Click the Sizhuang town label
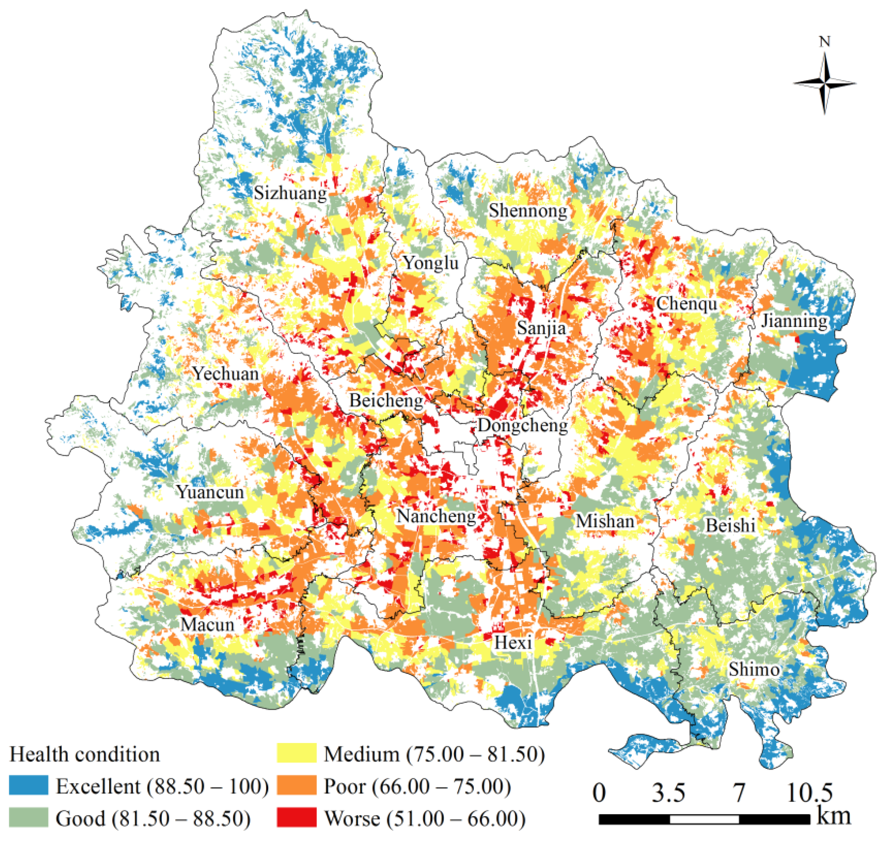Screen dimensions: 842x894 coord(290,193)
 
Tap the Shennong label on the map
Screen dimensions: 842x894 coord(528,211)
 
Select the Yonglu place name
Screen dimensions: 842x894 coord(431,263)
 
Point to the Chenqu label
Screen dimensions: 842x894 coord(687,304)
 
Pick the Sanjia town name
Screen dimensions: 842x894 coord(542,328)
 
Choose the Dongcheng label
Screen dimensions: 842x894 coord(523,425)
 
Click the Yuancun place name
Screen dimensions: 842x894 coord(210,492)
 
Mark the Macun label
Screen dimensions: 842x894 coord(207,625)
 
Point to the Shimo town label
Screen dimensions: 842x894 coord(754,670)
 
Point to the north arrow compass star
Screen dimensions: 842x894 coord(824,83)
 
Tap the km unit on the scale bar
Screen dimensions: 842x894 coord(833,815)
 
